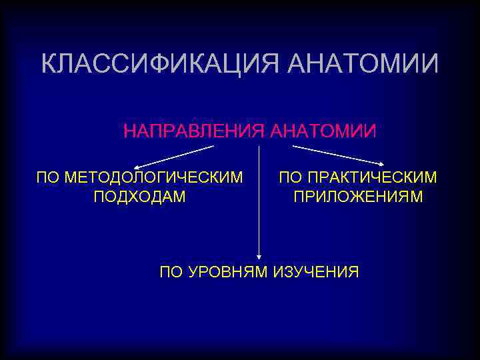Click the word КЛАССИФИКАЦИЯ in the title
point(161,65)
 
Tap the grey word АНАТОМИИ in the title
point(364,65)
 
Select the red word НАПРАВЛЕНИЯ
point(194,131)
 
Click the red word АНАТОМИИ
point(323,131)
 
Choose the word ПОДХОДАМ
point(140,197)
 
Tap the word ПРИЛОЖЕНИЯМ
point(359,197)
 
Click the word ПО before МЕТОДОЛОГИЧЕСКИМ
point(48,178)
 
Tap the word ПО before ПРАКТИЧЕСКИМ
point(290,178)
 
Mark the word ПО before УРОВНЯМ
point(172,272)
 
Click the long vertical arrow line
point(259,200)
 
